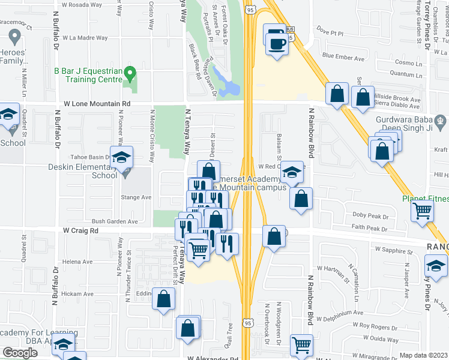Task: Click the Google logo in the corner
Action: [20, 353]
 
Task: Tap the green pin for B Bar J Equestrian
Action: [130, 75]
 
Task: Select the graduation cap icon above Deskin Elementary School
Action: [121, 158]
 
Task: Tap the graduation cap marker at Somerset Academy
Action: [292, 172]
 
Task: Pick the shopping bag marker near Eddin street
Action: [164, 299]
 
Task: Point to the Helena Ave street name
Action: [77, 262]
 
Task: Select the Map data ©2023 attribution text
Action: [423, 355]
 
